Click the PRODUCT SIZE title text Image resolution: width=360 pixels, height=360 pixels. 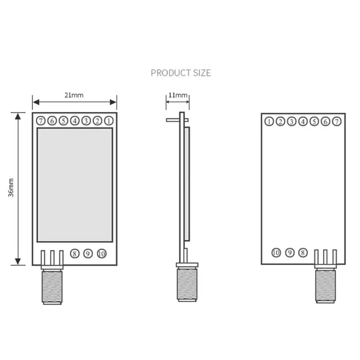[180, 73]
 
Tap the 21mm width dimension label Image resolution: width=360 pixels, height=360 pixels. [74, 95]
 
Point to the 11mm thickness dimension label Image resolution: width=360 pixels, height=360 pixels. [177, 95]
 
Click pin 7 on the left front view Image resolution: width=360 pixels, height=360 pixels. [40, 121]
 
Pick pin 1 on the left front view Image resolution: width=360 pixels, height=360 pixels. [108, 121]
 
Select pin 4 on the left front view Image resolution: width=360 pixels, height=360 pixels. [75, 121]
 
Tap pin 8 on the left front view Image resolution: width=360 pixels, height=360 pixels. [75, 254]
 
